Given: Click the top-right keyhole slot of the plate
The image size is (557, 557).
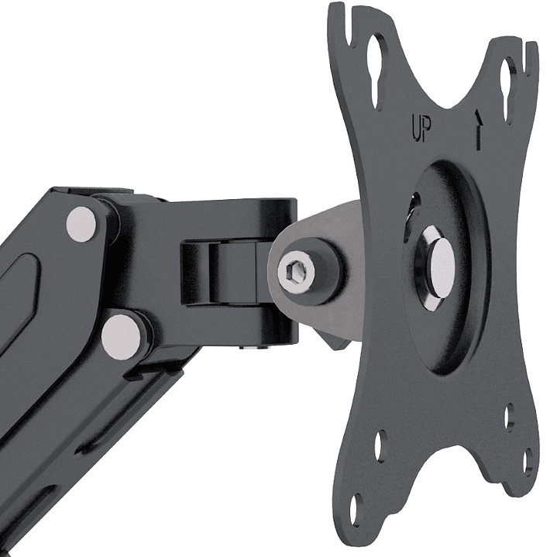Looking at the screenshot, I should click(508, 89).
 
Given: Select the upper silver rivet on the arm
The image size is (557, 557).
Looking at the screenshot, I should click(81, 223).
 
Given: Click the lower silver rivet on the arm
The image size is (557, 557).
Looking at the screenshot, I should click(122, 334).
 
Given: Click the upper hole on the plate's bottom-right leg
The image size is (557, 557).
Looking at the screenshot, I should click(509, 417).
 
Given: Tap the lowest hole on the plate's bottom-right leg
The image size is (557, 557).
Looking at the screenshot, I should click(528, 462).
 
